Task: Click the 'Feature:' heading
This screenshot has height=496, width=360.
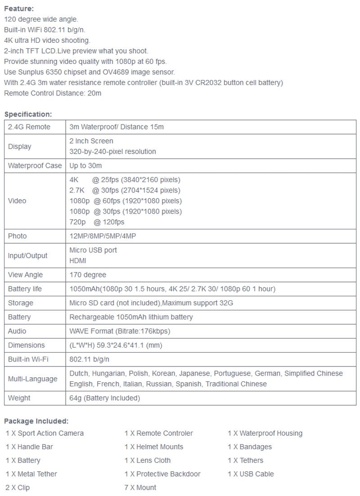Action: coord(19,9)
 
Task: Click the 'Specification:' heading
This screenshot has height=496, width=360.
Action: coord(28,114)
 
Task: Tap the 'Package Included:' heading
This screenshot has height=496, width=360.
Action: coord(36,421)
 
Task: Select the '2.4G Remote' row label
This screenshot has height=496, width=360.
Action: coord(29,127)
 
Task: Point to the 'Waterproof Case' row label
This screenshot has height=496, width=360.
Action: coord(35,165)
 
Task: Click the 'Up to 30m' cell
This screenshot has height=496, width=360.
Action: coord(85,165)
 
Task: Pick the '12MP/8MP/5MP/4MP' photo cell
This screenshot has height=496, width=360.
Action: coord(102,236)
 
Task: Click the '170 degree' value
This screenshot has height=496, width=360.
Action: coord(88,275)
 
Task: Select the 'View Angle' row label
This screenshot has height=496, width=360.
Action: coord(25,275)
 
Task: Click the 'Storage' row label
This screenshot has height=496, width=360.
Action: coord(21,303)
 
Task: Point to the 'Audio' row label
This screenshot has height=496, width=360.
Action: coord(17,331)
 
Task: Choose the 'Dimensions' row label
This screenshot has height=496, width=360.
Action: coord(26,345)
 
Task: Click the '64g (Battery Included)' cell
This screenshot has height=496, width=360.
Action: coord(104,398)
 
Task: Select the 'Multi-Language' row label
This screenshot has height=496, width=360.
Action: coord(32,379)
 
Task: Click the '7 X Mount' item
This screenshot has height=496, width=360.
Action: coord(140,487)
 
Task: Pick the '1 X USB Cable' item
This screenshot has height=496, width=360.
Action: coord(251,474)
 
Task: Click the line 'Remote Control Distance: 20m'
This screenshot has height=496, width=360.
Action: coord(53,93)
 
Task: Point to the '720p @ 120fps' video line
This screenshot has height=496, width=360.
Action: coord(97,222)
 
